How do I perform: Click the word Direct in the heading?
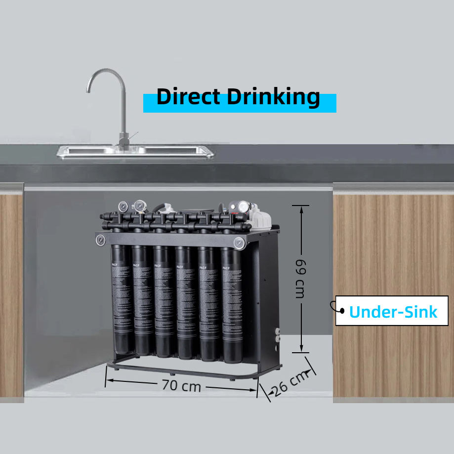(x=188, y=97)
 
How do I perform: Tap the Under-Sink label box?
(x=393, y=311)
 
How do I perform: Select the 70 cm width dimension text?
(x=181, y=385)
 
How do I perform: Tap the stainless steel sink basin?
(x=133, y=151)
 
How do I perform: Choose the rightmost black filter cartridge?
(x=232, y=306)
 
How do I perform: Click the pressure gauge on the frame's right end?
(x=239, y=243)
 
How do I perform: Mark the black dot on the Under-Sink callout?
(x=341, y=310)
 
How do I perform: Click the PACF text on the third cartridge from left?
(x=158, y=266)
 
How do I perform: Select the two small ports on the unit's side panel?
(x=277, y=335)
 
